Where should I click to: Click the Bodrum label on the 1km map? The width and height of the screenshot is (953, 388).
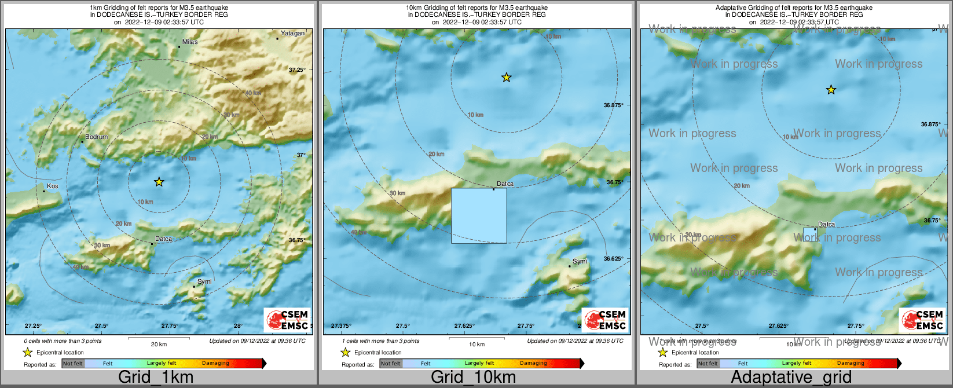[96, 137]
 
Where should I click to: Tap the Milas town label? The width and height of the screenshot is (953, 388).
[190, 42]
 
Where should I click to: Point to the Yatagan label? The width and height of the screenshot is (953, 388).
[292, 33]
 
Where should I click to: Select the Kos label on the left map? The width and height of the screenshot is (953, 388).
[53, 186]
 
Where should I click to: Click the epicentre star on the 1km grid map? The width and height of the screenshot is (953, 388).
[159, 182]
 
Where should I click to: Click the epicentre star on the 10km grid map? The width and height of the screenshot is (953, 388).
[507, 77]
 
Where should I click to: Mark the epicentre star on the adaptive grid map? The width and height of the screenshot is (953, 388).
[831, 90]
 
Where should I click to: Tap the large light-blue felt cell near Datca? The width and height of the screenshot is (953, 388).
[479, 215]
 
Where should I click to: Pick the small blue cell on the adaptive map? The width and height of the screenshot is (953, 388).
[810, 234]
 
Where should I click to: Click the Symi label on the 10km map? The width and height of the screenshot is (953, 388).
[580, 261]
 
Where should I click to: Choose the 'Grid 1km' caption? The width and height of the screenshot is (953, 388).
[156, 377]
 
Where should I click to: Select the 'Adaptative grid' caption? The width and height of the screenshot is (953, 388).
[791, 377]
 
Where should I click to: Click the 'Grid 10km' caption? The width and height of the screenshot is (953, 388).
[473, 377]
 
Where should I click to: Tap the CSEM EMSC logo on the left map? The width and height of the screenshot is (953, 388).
[288, 320]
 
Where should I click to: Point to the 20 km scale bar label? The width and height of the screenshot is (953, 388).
[159, 344]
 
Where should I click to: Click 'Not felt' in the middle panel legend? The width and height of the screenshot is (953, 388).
[390, 364]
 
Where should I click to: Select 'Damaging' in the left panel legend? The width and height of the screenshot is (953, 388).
[215, 364]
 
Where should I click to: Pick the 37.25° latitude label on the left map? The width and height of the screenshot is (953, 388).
[297, 69]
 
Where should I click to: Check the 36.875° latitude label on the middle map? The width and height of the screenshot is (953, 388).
[614, 105]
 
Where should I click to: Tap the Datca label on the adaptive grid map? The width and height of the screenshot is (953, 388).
[826, 224]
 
